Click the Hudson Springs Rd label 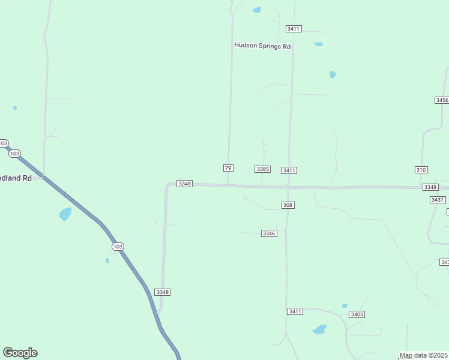[x=262, y=46]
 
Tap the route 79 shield [x=228, y=168]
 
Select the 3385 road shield [x=262, y=169]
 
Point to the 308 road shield [x=288, y=205]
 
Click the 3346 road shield [x=269, y=233]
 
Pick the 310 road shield [x=421, y=170]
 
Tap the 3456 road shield [x=442, y=100]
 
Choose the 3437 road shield [x=438, y=200]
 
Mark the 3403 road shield [x=357, y=314]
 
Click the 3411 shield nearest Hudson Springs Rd [x=294, y=29]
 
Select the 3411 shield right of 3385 [x=289, y=170]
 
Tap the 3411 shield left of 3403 [x=295, y=311]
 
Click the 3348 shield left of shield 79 [x=184, y=183]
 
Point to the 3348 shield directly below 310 [x=430, y=187]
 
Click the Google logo [x=20, y=353]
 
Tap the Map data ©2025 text [x=424, y=355]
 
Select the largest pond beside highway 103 [x=65, y=214]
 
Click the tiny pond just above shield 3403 [x=345, y=306]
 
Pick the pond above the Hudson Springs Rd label [x=258, y=10]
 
